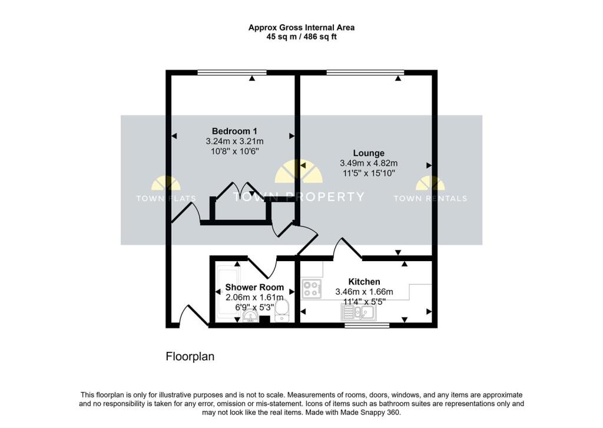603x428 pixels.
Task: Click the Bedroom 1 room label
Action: coord(234,131)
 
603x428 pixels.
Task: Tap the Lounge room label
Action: coord(369,153)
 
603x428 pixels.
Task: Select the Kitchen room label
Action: coord(364,282)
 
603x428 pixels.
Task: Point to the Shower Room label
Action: coord(254,287)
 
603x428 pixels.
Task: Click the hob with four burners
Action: coord(312,289)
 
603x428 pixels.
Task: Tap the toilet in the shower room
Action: coord(282,311)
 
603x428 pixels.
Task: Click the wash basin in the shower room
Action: coord(251,315)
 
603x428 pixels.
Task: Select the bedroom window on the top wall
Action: coord(232,73)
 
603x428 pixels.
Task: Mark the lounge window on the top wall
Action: coord(365,73)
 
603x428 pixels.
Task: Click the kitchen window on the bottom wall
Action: coord(367,325)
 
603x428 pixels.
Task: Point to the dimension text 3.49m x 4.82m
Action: coord(369,163)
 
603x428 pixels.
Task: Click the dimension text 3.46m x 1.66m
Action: coord(364,292)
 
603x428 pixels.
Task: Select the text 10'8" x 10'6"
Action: coord(234,152)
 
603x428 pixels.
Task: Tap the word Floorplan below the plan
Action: coord(190,357)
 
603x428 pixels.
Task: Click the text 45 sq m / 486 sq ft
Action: coord(301,37)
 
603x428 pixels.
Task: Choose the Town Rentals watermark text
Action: coord(430,199)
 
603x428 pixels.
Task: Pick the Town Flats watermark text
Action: coord(166,199)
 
